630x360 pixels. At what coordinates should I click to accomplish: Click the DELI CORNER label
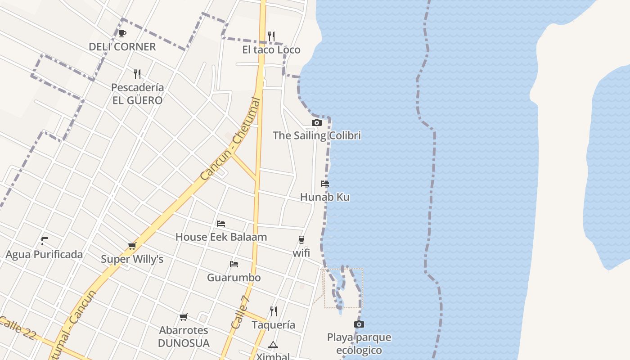[122, 47]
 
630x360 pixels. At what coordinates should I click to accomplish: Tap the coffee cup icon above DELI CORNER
[122, 33]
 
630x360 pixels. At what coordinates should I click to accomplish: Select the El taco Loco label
[271, 49]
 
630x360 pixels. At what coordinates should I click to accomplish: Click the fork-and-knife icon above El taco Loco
[271, 36]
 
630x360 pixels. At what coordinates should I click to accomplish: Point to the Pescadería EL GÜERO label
[137, 94]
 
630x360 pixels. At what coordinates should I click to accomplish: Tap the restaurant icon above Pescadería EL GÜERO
[137, 74]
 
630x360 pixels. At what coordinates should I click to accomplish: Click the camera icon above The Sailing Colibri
[317, 122]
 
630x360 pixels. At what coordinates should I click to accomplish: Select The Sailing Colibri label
[317, 135]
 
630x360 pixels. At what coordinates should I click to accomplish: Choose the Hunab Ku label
[324, 197]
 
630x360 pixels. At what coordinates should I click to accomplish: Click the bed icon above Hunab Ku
[325, 184]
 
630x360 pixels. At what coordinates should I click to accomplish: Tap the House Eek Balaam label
[221, 237]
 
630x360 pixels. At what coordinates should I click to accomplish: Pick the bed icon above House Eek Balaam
[220, 223]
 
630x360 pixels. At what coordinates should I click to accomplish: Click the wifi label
[301, 253]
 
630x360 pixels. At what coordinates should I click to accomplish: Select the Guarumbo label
[234, 277]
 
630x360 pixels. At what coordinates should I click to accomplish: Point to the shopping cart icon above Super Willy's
[132, 246]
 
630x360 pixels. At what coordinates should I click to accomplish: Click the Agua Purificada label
[44, 255]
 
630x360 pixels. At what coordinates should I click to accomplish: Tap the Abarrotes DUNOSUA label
[184, 337]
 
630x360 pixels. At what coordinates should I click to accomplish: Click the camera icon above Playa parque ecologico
[359, 324]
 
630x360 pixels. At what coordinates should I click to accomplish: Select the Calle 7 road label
[240, 312]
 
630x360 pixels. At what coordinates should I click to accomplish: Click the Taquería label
[273, 325]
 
